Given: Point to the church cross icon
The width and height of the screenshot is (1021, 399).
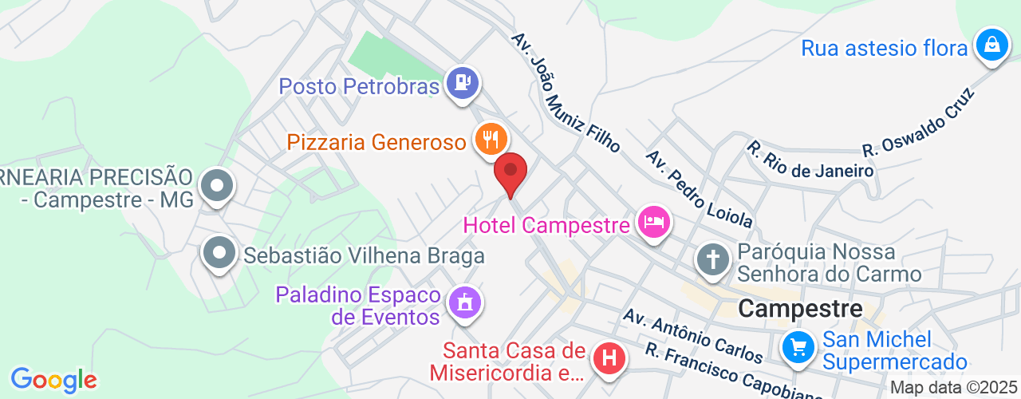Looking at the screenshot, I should tap(712, 259).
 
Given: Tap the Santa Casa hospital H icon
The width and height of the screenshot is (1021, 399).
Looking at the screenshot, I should tap(610, 359).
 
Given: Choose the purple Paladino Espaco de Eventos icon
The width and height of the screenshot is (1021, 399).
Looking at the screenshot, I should tap(463, 302).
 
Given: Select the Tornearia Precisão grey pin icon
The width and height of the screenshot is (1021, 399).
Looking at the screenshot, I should tap(216, 188).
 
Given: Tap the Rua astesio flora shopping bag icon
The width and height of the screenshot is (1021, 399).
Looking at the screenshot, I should tap(991, 45).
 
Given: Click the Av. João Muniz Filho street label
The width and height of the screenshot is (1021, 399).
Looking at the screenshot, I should tap(566, 93).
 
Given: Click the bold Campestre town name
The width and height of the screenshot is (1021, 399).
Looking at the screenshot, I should tap(801, 308).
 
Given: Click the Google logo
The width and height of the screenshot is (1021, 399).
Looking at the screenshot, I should tap(53, 380).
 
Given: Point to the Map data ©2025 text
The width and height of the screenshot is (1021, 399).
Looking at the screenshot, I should tap(954, 388).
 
